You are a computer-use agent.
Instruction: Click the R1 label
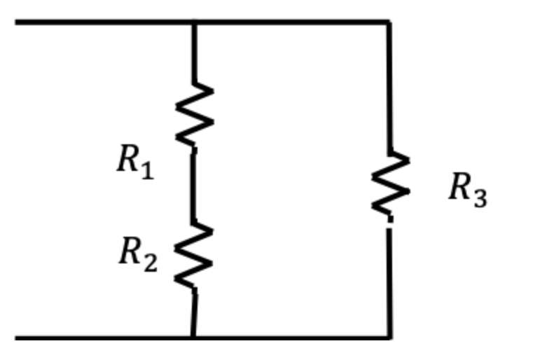click(134, 162)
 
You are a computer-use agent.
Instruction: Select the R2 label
click(138, 254)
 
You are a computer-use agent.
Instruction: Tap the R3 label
click(467, 190)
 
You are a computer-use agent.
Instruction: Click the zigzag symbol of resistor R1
click(194, 116)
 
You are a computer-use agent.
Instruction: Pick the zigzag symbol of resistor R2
click(193, 256)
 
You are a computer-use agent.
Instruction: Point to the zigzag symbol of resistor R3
click(390, 184)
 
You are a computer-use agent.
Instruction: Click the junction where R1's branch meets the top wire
click(194, 22)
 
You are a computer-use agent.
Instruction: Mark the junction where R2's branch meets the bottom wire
click(193, 338)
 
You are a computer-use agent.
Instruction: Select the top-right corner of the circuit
click(389, 22)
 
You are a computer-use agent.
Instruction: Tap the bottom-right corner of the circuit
click(390, 338)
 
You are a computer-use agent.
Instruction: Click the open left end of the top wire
click(18, 22)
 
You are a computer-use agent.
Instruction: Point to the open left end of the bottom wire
click(18, 338)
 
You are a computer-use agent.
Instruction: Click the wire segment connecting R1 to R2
click(194, 186)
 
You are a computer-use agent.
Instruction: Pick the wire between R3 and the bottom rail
click(390, 280)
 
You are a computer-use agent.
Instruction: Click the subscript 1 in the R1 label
click(146, 170)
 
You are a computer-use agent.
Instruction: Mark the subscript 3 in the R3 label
click(479, 198)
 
